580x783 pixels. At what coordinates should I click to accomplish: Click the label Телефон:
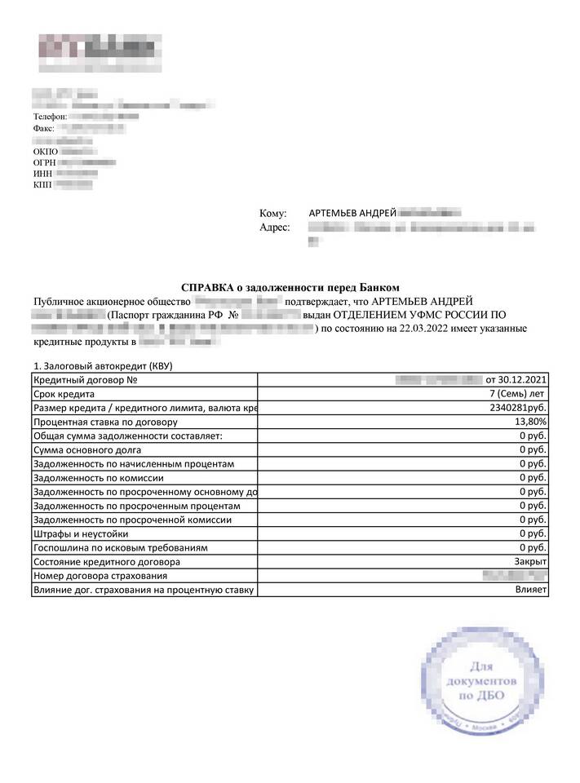pos(50,117)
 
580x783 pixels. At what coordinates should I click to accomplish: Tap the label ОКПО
pos(46,151)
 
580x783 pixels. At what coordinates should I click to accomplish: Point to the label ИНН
pos(43,174)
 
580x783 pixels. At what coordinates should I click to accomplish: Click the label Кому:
pos(273,213)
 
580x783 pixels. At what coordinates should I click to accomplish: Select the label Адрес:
pos(274,228)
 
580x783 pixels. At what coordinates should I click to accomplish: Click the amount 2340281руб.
pos(518,408)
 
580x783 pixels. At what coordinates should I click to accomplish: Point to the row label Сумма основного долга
pos(87,449)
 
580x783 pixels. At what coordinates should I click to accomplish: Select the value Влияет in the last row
pos(531,589)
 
